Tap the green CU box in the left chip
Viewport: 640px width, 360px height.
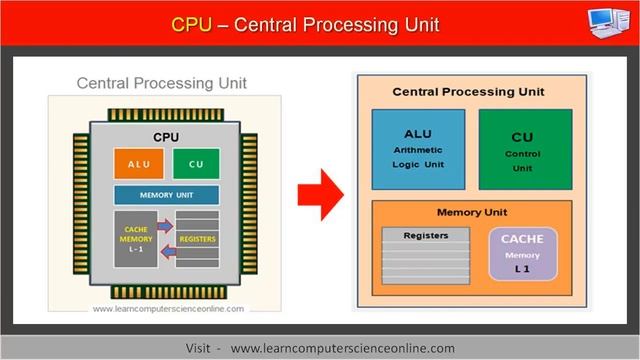coord(196,163)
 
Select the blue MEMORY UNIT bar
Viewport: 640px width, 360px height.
coord(166,194)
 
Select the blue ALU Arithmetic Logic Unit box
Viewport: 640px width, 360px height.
coord(418,149)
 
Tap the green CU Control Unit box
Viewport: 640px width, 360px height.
coord(521,149)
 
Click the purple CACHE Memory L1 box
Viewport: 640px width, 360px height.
coord(521,254)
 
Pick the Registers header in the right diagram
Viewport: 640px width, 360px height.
coord(425,236)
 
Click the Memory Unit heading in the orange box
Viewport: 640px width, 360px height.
coord(472,212)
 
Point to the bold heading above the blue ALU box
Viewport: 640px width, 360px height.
coord(468,92)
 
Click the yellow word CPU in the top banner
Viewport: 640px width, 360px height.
coord(193,23)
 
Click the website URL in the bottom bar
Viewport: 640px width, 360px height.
coord(342,347)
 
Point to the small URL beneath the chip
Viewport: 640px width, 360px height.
coord(168,309)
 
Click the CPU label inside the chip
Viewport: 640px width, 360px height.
coord(166,135)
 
